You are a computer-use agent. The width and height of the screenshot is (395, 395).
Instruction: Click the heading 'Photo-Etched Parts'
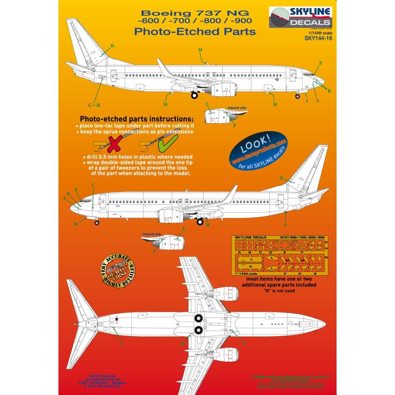(x=195, y=31)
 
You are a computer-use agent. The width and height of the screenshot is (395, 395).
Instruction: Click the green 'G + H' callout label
(x=94, y=105)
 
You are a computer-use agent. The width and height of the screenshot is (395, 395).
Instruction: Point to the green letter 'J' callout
(x=307, y=101)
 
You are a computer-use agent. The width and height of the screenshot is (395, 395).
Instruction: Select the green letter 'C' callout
(x=93, y=185)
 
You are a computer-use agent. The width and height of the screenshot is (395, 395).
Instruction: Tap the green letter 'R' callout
(x=208, y=224)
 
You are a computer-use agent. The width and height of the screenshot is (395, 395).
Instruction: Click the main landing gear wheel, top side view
(x=195, y=95)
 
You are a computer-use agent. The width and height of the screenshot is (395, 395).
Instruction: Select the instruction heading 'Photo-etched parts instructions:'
(x=137, y=119)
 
